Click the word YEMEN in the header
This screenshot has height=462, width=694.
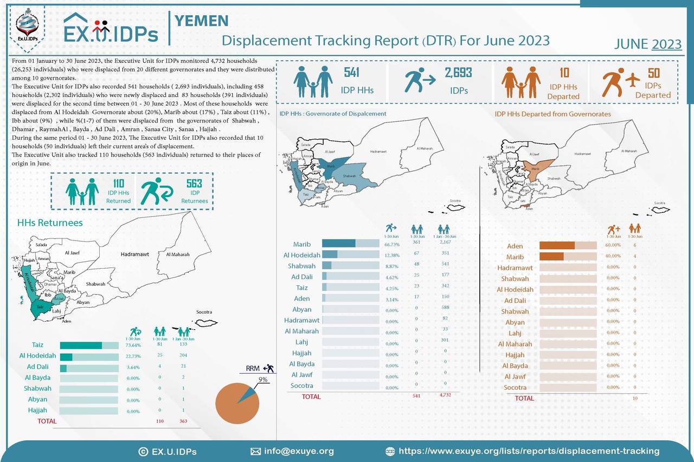201,21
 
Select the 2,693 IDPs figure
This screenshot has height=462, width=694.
458,73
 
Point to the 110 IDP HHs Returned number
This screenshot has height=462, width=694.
118,184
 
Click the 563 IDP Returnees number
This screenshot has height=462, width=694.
194,184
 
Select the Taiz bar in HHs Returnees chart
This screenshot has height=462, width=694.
81,346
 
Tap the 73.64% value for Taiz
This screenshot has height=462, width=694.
133,346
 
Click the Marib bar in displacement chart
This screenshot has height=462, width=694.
339,244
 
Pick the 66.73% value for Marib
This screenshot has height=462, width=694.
391,244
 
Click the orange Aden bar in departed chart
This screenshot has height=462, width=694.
557,245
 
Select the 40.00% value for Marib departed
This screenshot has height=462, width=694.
613,256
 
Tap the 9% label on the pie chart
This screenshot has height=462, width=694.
263,380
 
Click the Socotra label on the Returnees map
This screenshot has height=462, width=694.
203,312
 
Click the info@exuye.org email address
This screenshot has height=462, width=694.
298,451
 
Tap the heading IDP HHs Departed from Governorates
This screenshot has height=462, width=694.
552,114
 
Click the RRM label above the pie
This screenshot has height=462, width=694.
253,368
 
